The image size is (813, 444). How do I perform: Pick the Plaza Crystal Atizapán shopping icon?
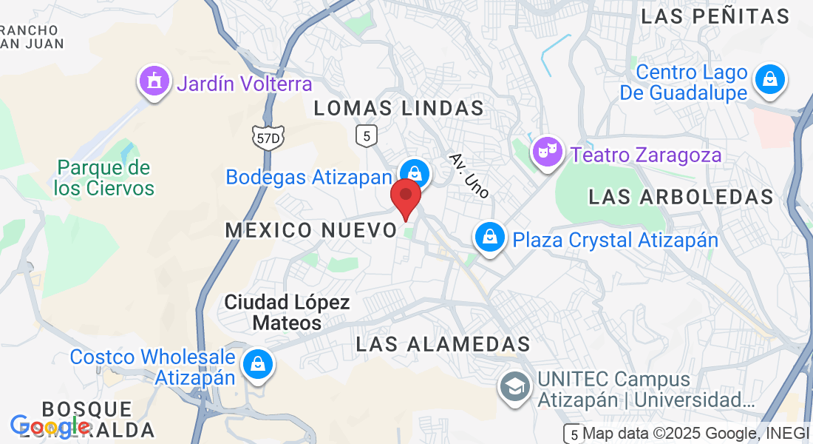489,238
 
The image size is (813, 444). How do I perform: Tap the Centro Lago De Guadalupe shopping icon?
770,78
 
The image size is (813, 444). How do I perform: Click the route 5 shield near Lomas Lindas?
367,135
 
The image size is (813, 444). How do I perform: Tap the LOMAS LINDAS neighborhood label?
399,108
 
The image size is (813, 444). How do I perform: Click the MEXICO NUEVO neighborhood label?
311,230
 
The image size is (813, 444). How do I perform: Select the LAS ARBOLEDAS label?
681,197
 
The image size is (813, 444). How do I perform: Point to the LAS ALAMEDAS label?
443,344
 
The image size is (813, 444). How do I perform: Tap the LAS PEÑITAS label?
715,16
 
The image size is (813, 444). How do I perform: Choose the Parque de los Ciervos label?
104,178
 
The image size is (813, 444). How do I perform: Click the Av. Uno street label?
469,175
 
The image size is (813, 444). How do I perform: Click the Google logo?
50,426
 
